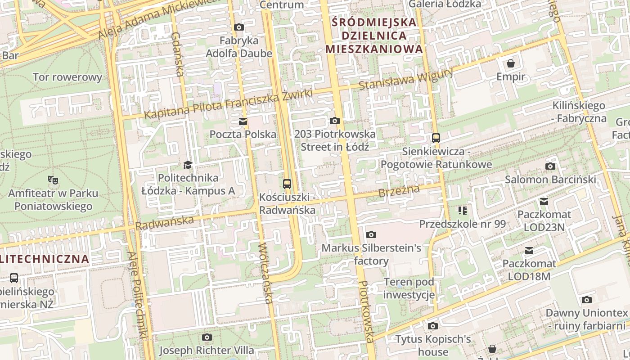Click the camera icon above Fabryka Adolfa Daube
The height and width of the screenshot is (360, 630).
click(239, 27)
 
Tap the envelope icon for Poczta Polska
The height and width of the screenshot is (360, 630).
click(243, 121)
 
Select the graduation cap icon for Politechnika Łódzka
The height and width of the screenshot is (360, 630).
click(188, 165)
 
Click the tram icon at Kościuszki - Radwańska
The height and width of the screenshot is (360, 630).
click(287, 184)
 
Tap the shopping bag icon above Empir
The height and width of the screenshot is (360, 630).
click(511, 63)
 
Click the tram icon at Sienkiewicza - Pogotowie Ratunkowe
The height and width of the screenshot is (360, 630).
click(436, 138)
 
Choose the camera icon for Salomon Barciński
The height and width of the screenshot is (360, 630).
click(550, 166)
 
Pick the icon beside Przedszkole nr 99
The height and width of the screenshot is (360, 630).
click(463, 211)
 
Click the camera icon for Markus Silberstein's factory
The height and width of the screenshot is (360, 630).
click(371, 234)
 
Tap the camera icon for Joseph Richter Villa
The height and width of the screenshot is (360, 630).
click(207, 337)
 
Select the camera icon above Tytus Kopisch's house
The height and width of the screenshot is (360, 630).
click(433, 326)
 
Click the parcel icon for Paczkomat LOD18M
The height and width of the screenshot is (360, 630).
click(529, 251)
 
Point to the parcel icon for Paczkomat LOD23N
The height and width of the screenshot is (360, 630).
click(544, 202)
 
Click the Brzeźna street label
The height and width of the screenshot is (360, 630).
click(399, 191)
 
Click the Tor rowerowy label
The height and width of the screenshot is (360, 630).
click(67, 77)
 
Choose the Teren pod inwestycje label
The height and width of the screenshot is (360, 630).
click(409, 288)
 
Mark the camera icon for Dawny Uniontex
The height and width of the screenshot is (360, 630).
click(586, 300)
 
